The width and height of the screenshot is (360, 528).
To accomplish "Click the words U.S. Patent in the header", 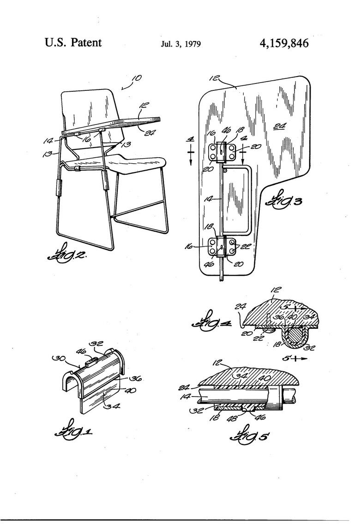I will [73, 43].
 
